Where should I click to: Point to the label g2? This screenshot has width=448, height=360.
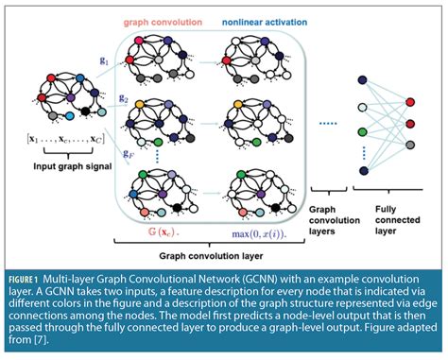(x=124, y=97)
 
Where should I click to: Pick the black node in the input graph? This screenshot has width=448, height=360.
(x=88, y=112)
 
